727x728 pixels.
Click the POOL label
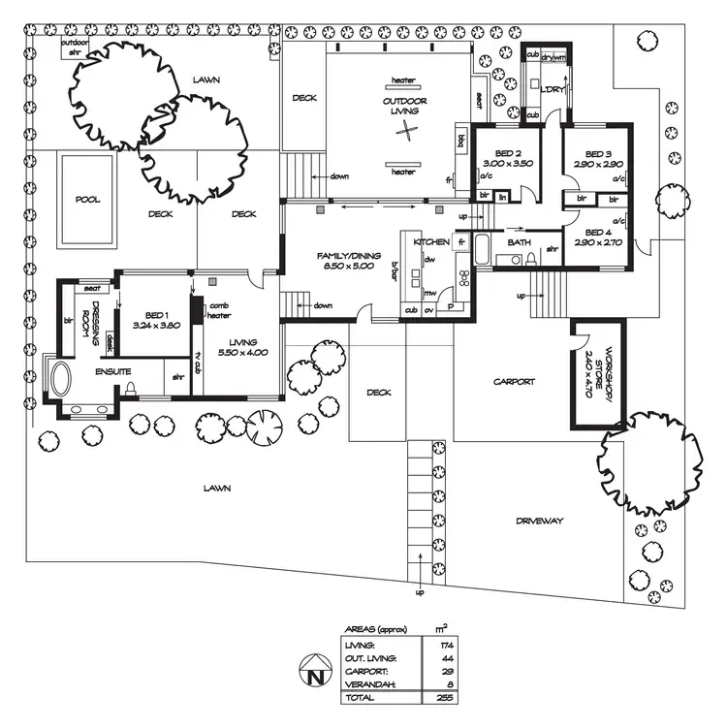[x=88, y=199]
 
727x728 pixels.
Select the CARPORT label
[x=514, y=381]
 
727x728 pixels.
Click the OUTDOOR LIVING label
[x=404, y=106]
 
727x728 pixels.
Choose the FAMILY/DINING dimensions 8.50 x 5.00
[x=345, y=265]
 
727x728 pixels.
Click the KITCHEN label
[x=430, y=240]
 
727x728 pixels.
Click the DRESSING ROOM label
[x=89, y=316]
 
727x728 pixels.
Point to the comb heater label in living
[x=218, y=310]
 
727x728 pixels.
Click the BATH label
[x=519, y=242]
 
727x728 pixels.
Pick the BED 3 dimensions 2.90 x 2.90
[x=591, y=164]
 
